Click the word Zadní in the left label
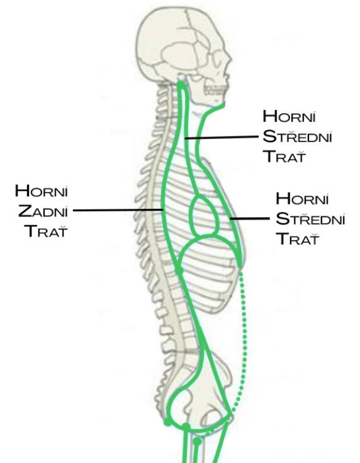click(x=43, y=211)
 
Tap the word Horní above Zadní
click(x=42, y=191)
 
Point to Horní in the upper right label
click(x=289, y=116)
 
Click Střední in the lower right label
click(x=310, y=218)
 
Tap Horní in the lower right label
click(x=302, y=198)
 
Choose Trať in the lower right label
click(x=298, y=238)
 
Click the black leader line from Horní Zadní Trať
click(x=118, y=210)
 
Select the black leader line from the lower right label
click(x=250, y=219)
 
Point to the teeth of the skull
click(x=215, y=91)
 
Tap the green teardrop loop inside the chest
click(x=205, y=215)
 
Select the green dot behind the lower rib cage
click(x=179, y=270)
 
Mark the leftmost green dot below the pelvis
click(x=167, y=422)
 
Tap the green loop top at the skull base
click(x=182, y=84)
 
